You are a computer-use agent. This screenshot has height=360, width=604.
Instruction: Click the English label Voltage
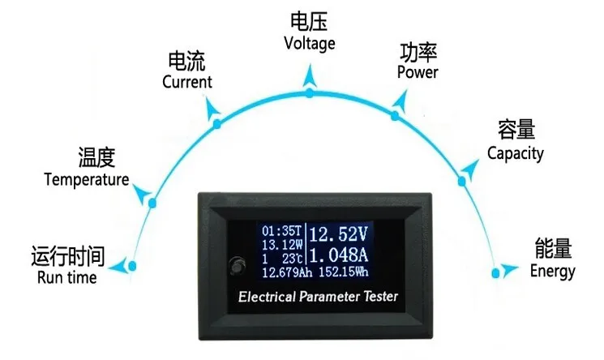309,43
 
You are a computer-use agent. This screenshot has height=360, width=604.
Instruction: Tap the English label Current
186,82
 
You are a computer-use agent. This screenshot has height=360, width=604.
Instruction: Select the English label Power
418,72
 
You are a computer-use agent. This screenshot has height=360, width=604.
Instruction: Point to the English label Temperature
87,179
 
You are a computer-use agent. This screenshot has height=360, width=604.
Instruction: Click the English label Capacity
515,153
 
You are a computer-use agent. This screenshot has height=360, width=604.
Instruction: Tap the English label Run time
66,277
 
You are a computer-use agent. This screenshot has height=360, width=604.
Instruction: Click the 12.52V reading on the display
339,236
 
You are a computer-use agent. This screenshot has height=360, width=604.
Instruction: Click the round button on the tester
238,265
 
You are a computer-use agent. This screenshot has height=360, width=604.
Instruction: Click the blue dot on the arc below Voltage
309,93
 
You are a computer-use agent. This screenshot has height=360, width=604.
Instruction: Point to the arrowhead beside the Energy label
508,268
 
